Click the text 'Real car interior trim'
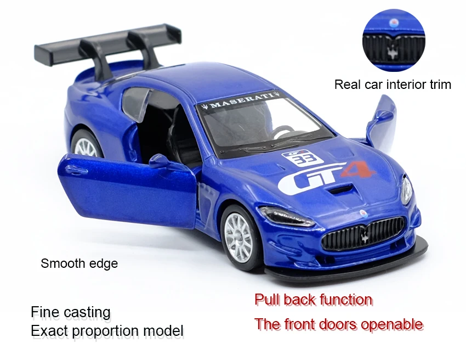click(393, 85)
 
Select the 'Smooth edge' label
click(79, 263)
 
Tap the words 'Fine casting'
click(71, 312)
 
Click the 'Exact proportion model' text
click(107, 331)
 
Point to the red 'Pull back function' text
click(313, 300)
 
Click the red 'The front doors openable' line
click(339, 324)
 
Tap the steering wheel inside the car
click(283, 131)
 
